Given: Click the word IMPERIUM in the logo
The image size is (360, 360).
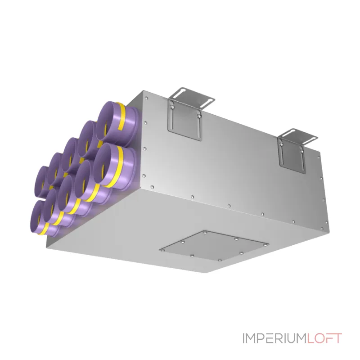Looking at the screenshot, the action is [275, 338].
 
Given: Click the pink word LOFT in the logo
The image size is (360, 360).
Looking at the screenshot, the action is [324, 338].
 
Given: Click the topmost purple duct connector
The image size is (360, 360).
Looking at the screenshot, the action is [117, 124].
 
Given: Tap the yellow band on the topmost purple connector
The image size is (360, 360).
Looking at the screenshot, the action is [121, 116].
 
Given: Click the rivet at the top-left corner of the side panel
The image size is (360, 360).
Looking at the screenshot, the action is [146, 98].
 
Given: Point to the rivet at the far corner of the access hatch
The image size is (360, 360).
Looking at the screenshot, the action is [204, 233].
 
